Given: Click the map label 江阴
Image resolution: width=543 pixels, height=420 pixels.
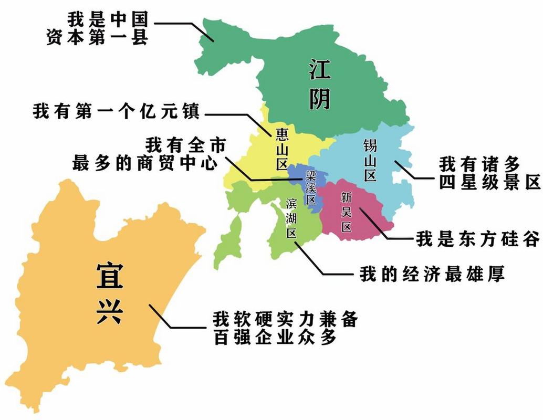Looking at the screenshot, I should coord(319,85).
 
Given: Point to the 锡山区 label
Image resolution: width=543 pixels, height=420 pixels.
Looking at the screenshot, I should coord(370,160).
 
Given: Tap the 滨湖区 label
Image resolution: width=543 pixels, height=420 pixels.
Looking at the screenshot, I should coord(291,218).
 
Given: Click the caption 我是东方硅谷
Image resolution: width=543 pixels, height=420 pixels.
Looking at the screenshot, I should coord(477,239).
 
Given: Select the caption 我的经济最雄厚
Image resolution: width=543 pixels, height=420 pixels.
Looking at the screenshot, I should coord(432,274).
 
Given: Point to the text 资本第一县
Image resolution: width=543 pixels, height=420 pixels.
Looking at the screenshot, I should coord(97,38).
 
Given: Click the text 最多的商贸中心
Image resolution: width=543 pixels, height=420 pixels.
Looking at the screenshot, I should coord(145,163).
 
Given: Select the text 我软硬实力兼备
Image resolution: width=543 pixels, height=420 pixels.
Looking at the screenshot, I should coord(285,319).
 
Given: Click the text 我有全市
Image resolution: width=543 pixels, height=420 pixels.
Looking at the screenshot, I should coord(185,144).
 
